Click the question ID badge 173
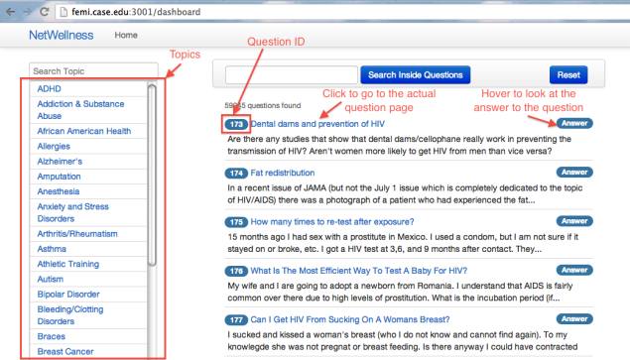[236, 124]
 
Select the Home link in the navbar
[127, 35]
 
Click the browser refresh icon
[42, 11]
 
